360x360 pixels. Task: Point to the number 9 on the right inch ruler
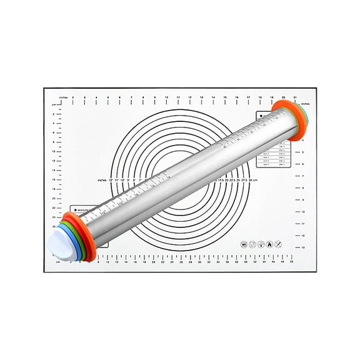pyautogui.click(x=302, y=200)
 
